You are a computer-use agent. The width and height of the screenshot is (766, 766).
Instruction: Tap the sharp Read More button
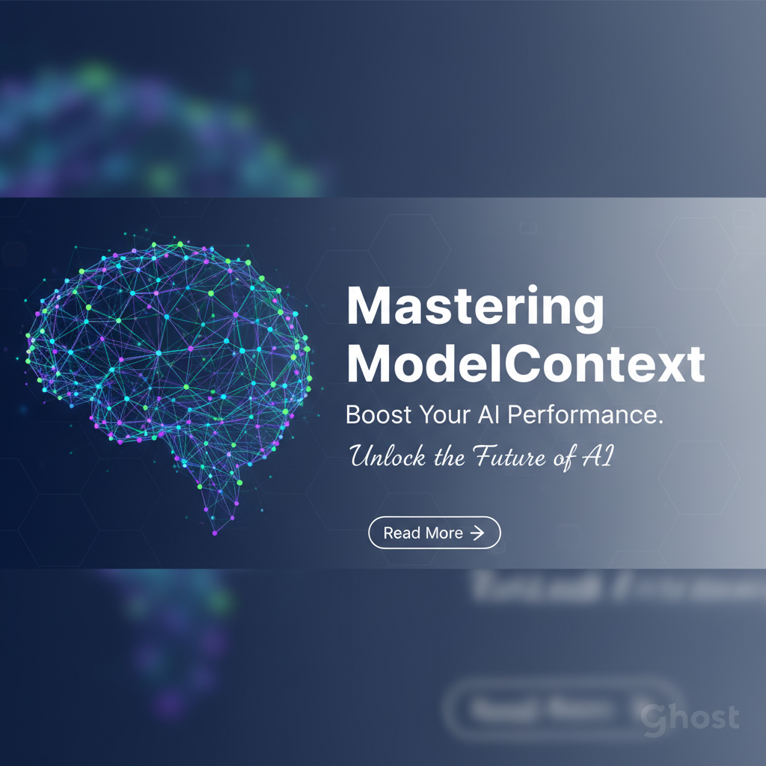pyautogui.click(x=435, y=533)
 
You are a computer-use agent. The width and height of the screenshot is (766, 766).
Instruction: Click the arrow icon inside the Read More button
pyautogui.click(x=477, y=533)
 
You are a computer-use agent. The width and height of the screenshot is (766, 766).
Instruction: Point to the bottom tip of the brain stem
pyautogui.click(x=215, y=532)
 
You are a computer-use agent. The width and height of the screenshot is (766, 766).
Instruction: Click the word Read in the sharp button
pyautogui.click(x=402, y=533)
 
